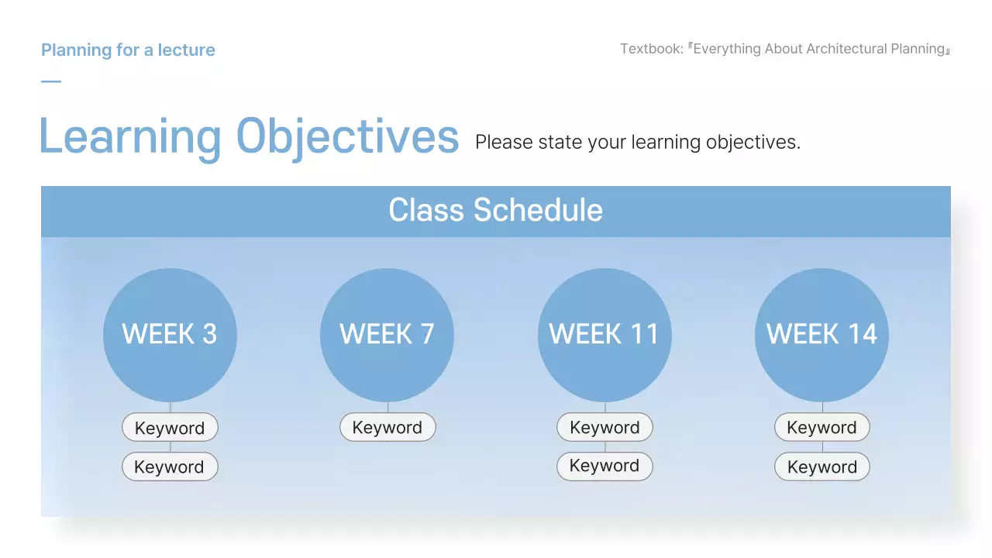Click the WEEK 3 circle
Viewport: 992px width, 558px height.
pyautogui.click(x=170, y=335)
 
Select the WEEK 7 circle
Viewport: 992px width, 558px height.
pyautogui.click(x=387, y=335)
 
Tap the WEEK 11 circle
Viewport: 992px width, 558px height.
pyautogui.click(x=604, y=335)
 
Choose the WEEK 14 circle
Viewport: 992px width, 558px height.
pyautogui.click(x=822, y=335)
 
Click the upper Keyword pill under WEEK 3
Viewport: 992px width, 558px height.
pyautogui.click(x=170, y=427)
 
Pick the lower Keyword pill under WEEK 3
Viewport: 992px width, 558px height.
pyautogui.click(x=170, y=467)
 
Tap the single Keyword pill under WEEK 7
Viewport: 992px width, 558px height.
pyautogui.click(x=387, y=427)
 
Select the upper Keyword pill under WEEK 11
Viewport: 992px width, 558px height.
pyautogui.click(x=604, y=427)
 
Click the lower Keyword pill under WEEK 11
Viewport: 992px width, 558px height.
pyautogui.click(x=604, y=466)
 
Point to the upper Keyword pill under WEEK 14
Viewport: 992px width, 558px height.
pyautogui.click(x=822, y=427)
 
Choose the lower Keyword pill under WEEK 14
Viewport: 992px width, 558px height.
pyautogui.click(x=822, y=467)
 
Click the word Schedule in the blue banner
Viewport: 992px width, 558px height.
pyautogui.click(x=538, y=209)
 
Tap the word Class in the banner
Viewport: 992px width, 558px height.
pyautogui.click(x=426, y=209)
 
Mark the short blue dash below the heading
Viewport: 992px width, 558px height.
pyautogui.click(x=51, y=81)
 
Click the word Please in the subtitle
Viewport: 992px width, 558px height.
pyautogui.click(x=504, y=142)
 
